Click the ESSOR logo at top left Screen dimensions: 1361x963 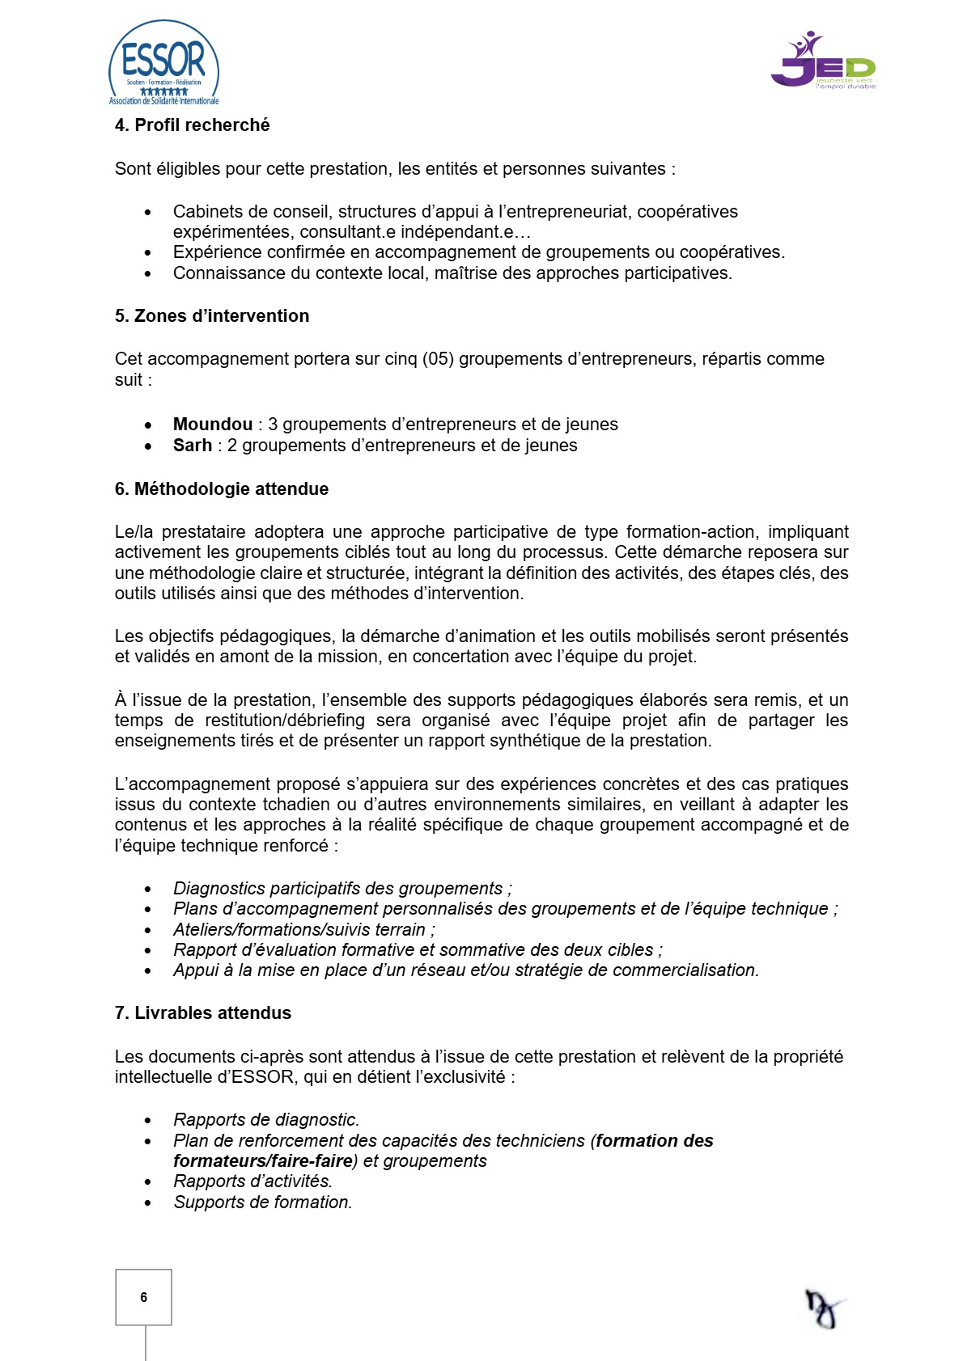coord(163,63)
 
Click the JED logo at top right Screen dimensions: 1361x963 coord(823,61)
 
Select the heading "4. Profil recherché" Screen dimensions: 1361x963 coord(192,125)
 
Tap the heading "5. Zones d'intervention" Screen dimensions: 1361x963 coord(212,316)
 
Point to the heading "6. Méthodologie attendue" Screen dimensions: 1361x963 coord(222,489)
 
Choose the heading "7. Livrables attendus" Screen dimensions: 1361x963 coord(203,1013)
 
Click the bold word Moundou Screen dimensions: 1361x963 coord(213,425)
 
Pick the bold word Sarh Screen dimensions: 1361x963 coord(193,446)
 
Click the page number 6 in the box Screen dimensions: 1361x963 coord(144,1297)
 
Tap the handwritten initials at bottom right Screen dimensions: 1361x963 coord(824,1308)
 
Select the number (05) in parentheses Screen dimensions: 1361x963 coord(438,359)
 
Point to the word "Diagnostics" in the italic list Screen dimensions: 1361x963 coord(217,889)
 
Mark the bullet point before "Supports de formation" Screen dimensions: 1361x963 coord(148,1203)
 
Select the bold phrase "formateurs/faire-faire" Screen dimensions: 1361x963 coord(263,1161)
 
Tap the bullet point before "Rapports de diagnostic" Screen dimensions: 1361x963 coord(148,1121)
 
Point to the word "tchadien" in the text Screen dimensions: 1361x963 coord(297,805)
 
